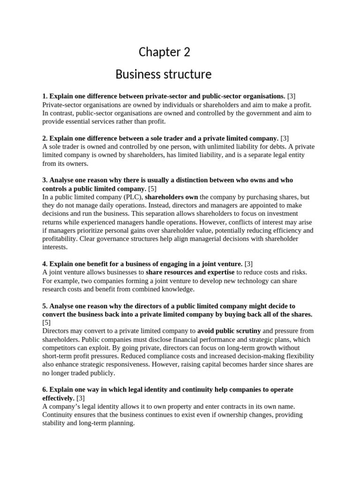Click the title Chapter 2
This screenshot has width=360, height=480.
tap(164, 52)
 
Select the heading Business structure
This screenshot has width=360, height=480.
tap(163, 74)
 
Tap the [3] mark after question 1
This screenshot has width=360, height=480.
tap(292, 96)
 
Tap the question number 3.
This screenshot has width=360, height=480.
tap(45, 180)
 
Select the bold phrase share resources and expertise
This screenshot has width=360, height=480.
tap(190, 272)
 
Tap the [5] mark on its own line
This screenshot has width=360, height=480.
tap(46, 322)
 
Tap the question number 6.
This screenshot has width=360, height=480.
tap(45, 390)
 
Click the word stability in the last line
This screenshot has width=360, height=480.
tap(55, 423)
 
